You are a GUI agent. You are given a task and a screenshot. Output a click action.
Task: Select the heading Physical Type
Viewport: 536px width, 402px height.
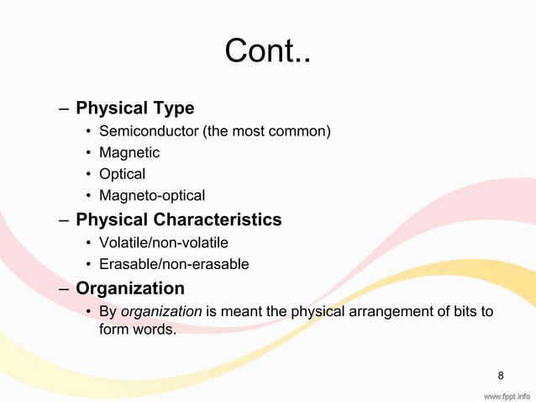(134, 108)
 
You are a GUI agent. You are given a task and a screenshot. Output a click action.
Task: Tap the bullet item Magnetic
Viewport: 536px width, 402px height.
(129, 153)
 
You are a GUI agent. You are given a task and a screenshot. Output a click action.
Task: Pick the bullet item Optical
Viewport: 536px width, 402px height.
(122, 174)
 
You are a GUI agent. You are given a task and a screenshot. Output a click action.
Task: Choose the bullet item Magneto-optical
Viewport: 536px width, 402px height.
(152, 196)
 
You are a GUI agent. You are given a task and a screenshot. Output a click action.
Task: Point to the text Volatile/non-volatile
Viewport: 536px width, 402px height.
(163, 243)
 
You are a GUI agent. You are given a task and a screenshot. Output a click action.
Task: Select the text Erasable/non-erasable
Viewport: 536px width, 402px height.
(174, 264)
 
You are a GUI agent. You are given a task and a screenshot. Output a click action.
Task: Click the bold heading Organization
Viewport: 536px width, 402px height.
(130, 288)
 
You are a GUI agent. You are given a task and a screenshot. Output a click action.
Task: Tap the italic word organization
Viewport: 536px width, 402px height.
(161, 312)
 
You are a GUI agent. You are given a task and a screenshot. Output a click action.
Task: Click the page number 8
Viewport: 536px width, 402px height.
(501, 374)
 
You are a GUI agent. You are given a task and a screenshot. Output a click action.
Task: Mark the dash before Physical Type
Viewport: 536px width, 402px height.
(65, 109)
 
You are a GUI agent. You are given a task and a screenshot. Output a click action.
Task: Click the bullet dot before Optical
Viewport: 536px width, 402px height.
(88, 175)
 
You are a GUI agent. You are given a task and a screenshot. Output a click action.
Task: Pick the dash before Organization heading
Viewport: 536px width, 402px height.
(65, 289)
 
